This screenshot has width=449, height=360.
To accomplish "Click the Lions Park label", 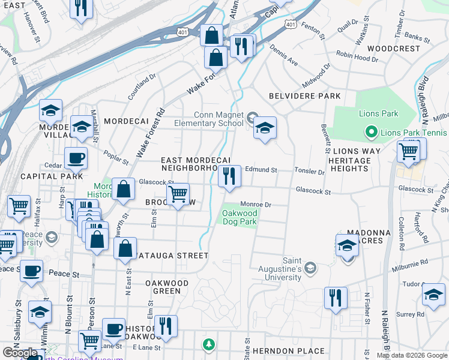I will point(379,113).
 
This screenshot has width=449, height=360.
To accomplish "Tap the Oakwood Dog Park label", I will point(240,217).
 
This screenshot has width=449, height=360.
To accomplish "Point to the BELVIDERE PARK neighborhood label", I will point(304,96).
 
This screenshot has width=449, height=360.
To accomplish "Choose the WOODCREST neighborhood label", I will point(393,48).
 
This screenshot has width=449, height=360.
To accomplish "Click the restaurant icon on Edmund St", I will point(229,176).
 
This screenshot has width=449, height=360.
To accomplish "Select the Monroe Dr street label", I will point(256,205).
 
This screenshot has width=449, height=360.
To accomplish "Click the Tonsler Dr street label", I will point(309,171).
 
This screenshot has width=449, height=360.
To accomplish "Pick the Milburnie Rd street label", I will point(408,263).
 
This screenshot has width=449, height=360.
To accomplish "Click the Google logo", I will point(20,353).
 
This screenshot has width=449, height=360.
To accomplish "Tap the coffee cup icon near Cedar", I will point(76,158).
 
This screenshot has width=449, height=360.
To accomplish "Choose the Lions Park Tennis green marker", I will point(370,132).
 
